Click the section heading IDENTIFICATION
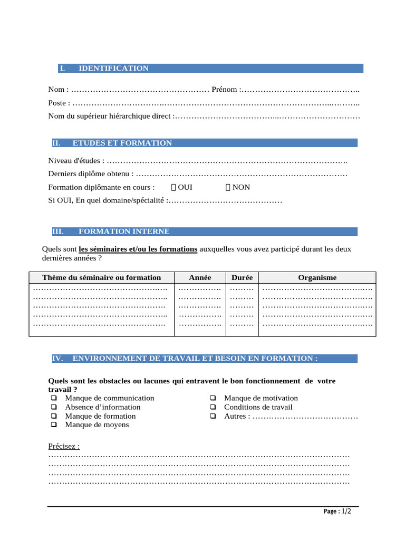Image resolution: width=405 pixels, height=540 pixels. [113, 69]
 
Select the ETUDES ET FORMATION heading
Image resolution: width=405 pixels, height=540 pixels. [122, 143]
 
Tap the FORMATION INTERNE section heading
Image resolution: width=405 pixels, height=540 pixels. [124, 232]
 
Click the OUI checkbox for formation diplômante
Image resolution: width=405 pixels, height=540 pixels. [173, 187]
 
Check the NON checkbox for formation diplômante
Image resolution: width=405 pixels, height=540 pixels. [228, 187]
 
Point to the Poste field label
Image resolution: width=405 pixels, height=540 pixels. [59, 103]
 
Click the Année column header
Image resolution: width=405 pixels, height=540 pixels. [200, 277]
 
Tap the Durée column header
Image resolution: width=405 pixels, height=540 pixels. [242, 277]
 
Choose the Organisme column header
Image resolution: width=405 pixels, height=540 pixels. [317, 277]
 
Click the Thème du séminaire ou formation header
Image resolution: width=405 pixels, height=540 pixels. [102, 277]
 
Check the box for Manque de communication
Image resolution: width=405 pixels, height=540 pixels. [53, 398]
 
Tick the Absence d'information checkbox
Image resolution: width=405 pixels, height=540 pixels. [53, 407]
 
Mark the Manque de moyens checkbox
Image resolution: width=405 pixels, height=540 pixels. [53, 425]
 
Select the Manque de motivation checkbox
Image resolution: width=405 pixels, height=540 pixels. [213, 398]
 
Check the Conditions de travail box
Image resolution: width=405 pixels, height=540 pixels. [213, 407]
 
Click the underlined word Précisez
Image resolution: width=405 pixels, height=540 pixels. [64, 446]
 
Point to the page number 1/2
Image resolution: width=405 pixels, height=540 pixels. [346, 512]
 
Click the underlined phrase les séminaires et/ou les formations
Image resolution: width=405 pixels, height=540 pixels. [138, 249]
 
